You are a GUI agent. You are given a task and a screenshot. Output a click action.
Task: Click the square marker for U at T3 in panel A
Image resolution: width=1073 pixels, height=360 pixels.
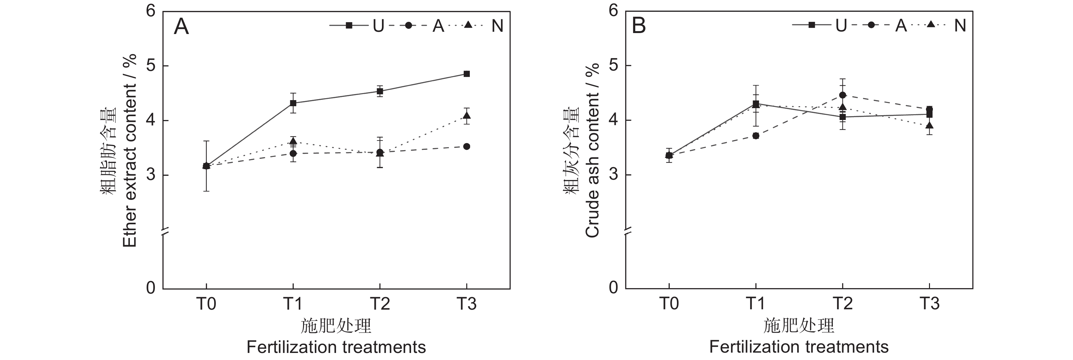coord(467,74)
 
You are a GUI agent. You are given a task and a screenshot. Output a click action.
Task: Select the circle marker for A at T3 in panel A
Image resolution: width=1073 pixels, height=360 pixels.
coord(467,146)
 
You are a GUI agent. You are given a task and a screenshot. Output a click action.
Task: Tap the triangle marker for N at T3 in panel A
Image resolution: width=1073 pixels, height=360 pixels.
coord(467,116)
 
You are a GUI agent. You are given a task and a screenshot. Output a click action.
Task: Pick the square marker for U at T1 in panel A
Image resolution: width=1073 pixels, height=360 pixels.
coord(293,103)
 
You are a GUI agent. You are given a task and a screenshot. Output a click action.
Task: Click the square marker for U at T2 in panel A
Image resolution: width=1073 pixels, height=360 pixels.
coord(380,91)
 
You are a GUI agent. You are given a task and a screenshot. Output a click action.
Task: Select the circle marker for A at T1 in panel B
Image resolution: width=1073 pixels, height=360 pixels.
coord(756,135)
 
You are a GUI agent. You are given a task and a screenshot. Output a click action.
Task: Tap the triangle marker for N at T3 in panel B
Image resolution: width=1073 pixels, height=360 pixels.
coord(929,125)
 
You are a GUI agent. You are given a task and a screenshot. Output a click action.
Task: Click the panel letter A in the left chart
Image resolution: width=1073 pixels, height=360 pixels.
coord(181,26)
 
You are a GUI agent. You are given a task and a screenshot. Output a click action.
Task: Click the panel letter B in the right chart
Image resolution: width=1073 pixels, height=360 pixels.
coord(639,26)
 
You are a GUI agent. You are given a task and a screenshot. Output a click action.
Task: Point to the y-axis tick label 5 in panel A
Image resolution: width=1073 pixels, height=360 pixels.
coord(150,66)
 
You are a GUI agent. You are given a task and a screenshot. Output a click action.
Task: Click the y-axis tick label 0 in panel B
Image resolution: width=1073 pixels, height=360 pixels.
coord(613,287)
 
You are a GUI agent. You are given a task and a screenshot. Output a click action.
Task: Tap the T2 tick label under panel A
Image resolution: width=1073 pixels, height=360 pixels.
coord(380,304)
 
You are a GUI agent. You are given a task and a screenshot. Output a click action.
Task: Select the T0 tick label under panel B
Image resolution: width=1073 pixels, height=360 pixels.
coord(669,304)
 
